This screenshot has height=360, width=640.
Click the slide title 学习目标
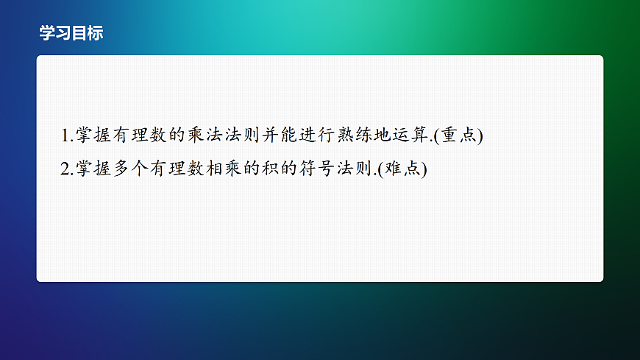[71, 33]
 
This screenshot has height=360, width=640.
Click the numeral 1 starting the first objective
[65, 135]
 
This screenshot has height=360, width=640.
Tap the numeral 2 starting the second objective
[65, 169]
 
